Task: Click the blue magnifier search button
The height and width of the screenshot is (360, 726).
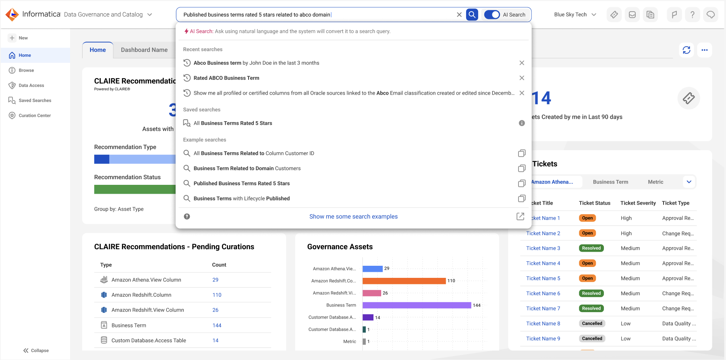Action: [x=472, y=14]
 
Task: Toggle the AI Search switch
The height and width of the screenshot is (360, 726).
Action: [x=492, y=14]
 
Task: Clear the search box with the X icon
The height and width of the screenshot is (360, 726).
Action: [x=459, y=14]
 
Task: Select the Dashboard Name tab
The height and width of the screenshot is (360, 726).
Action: [x=144, y=50]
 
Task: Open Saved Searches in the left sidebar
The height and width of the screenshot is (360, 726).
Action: [x=35, y=100]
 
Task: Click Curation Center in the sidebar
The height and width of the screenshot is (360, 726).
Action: [x=35, y=116]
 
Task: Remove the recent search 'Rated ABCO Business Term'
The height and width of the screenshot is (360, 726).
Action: [x=522, y=78]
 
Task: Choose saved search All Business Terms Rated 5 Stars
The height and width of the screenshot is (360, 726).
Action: [x=233, y=123]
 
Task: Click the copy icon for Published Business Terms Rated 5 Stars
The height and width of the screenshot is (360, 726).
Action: [x=522, y=183]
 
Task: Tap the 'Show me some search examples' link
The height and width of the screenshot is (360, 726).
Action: [x=353, y=217]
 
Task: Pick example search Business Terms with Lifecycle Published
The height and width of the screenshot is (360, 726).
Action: [x=242, y=199]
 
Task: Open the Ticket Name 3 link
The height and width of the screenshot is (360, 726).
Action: [x=543, y=248]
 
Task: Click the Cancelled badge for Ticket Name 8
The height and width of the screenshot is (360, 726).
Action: [x=592, y=323]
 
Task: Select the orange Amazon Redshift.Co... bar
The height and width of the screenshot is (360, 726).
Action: [x=404, y=281]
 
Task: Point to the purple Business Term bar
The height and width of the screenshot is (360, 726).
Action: [x=417, y=305]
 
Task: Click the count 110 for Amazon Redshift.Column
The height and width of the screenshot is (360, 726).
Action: [x=217, y=295]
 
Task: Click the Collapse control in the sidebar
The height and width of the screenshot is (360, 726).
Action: [x=36, y=350]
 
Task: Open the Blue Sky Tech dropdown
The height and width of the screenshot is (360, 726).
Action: [x=575, y=14]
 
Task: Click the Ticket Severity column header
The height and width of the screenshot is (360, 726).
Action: [x=638, y=203]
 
